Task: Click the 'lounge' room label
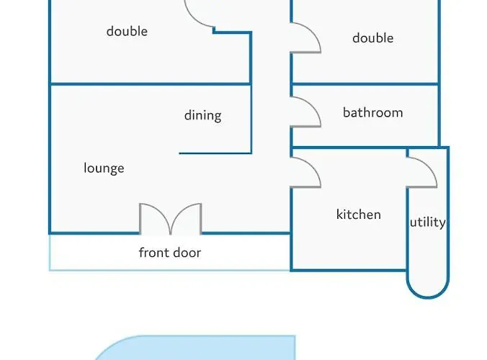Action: pyautogui.click(x=104, y=168)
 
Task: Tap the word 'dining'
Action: pyautogui.click(x=203, y=115)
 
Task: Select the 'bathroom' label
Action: pyautogui.click(x=373, y=112)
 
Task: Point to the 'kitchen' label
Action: pyautogui.click(x=359, y=215)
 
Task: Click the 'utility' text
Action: pyautogui.click(x=428, y=222)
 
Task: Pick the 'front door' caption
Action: pyautogui.click(x=170, y=253)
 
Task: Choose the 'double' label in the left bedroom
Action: pyautogui.click(x=127, y=32)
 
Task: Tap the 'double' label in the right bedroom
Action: pyautogui.click(x=373, y=38)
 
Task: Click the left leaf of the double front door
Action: pyautogui.click(x=155, y=218)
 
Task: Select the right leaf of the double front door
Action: pyautogui.click(x=187, y=218)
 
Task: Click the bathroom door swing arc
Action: pyautogui.click(x=305, y=112)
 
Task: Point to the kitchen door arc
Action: pyautogui.click(x=305, y=173)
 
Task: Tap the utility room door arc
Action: pyautogui.click(x=421, y=173)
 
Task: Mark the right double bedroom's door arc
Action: pyautogui.click(x=305, y=37)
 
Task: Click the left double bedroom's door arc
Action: pyautogui.click(x=200, y=14)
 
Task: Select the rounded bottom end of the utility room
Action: pyautogui.click(x=428, y=287)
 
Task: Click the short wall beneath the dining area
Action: pyautogui.click(x=215, y=153)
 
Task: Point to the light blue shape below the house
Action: pyautogui.click(x=195, y=348)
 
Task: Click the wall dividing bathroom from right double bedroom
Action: pyautogui.click(x=365, y=84)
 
